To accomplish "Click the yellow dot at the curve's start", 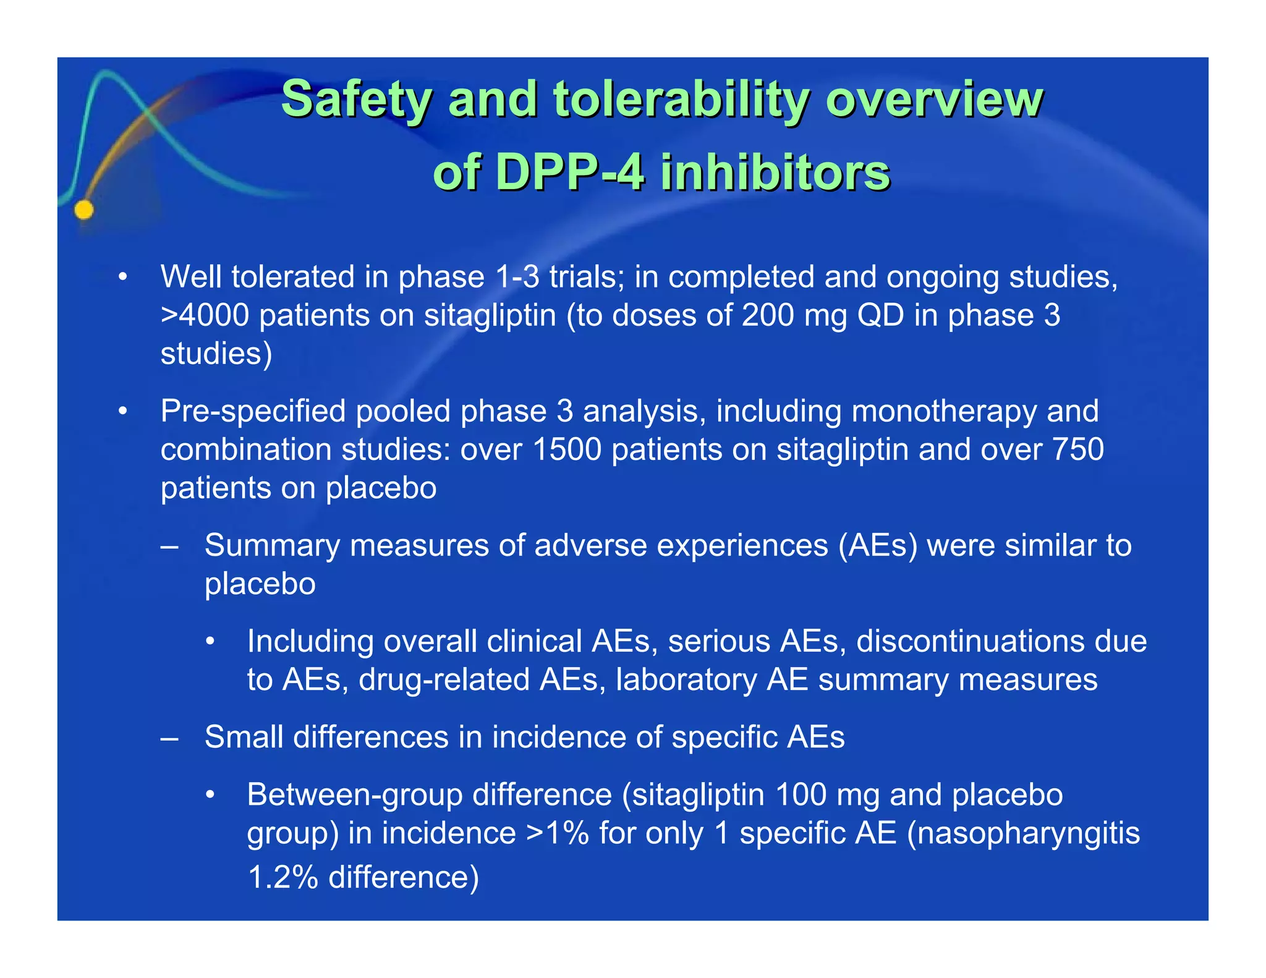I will tap(84, 210).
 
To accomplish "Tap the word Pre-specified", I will tap(253, 412).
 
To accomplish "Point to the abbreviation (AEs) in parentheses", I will tap(878, 546).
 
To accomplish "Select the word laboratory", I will tap(686, 680).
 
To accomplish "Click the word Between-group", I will tap(354, 795).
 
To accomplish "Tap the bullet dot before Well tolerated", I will tap(123, 277).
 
